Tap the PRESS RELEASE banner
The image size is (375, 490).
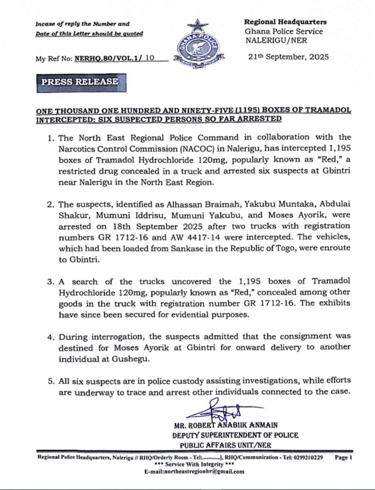click(81, 82)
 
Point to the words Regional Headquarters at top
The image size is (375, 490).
click(285, 22)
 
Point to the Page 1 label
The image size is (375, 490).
click(342, 457)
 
